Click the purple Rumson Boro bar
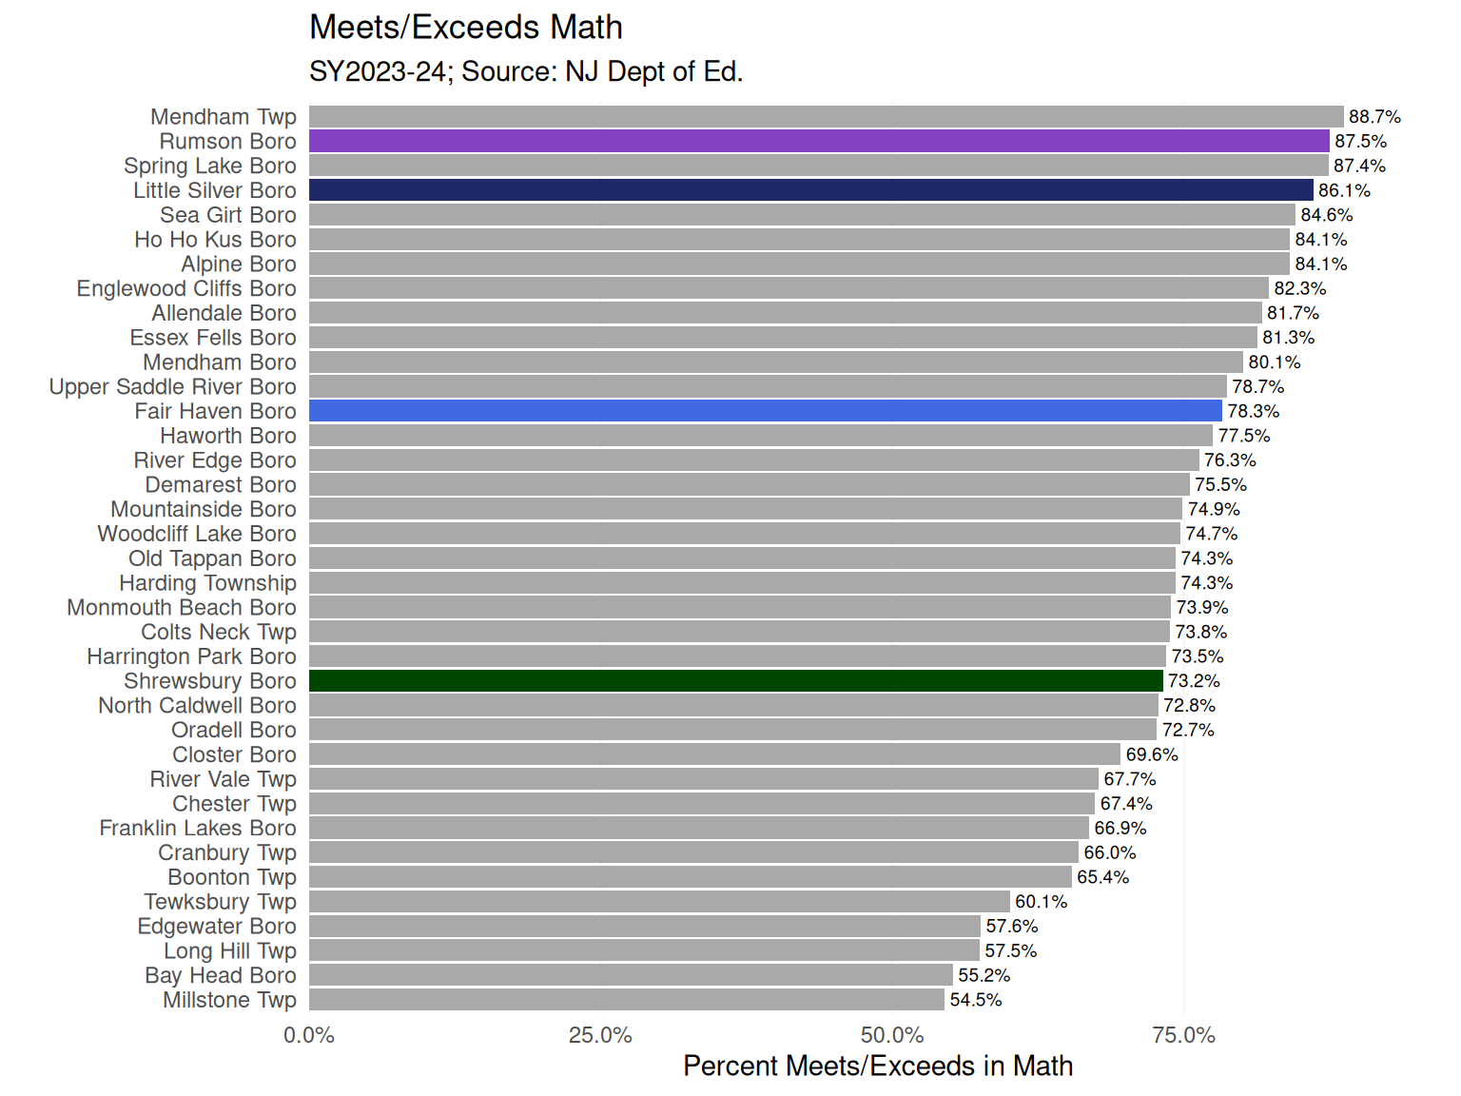[x=819, y=141]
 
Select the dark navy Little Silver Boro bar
[x=810, y=190]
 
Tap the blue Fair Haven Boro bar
[x=766, y=411]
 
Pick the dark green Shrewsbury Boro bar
[x=735, y=681]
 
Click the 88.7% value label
[x=1374, y=117]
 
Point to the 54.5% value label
[x=975, y=1000]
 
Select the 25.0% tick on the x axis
[x=600, y=1035]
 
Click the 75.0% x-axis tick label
[x=1183, y=1035]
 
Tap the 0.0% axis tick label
[x=309, y=1035]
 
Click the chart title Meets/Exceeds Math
[x=466, y=28]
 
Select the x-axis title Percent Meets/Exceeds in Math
[x=878, y=1067]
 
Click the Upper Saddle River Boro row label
[x=172, y=387]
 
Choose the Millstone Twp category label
[x=229, y=1000]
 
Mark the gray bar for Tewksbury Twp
[x=659, y=902]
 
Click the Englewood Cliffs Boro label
[x=186, y=289]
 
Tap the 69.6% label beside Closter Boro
[x=1152, y=754]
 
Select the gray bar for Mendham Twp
[x=826, y=116]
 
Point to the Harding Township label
[x=207, y=583]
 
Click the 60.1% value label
[x=1041, y=902]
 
